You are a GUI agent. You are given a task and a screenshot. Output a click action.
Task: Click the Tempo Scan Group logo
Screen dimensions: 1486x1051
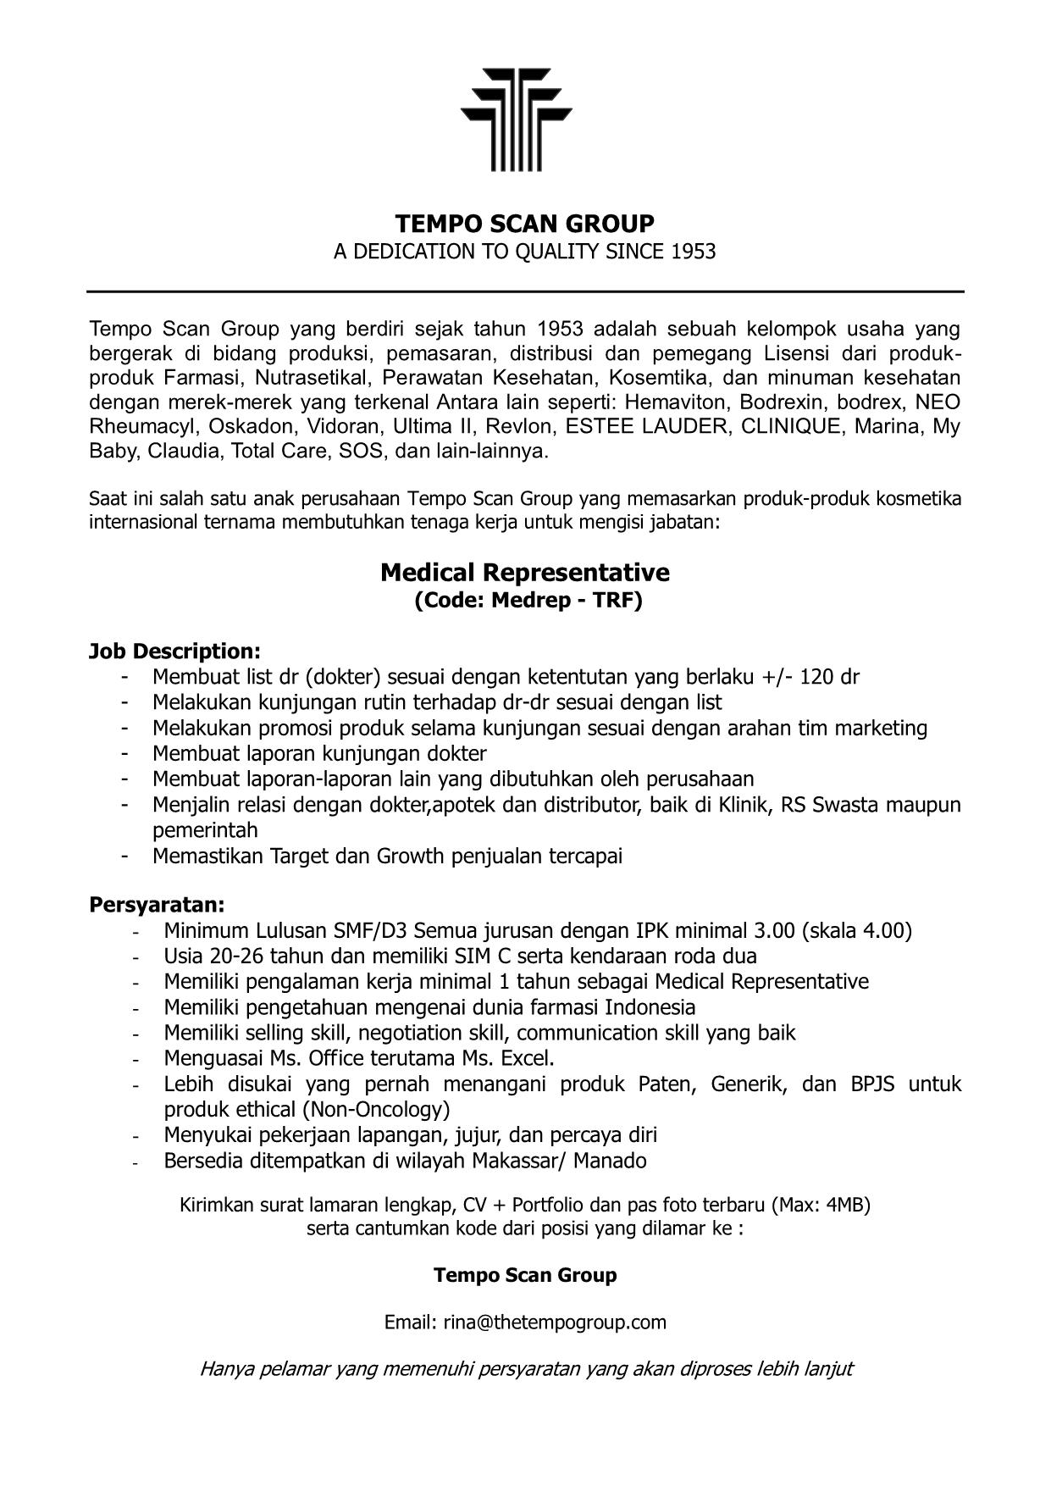516,119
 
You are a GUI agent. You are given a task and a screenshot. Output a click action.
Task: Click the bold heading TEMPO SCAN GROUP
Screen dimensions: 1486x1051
525,224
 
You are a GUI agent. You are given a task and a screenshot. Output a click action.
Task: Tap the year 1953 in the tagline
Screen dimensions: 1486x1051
693,252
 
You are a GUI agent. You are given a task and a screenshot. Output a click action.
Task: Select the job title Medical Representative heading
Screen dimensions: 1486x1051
525,573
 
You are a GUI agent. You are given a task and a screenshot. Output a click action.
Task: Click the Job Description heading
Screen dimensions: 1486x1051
174,652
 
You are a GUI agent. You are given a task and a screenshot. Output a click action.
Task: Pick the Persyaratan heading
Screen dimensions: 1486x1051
157,905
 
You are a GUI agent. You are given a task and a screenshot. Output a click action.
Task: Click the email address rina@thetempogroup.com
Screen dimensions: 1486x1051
555,1322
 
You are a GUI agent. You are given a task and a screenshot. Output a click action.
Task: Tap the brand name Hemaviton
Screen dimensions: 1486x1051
674,402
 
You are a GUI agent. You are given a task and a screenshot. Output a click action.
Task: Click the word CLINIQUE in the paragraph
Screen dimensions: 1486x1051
790,426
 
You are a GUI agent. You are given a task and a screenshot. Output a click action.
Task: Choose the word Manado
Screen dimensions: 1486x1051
610,1161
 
